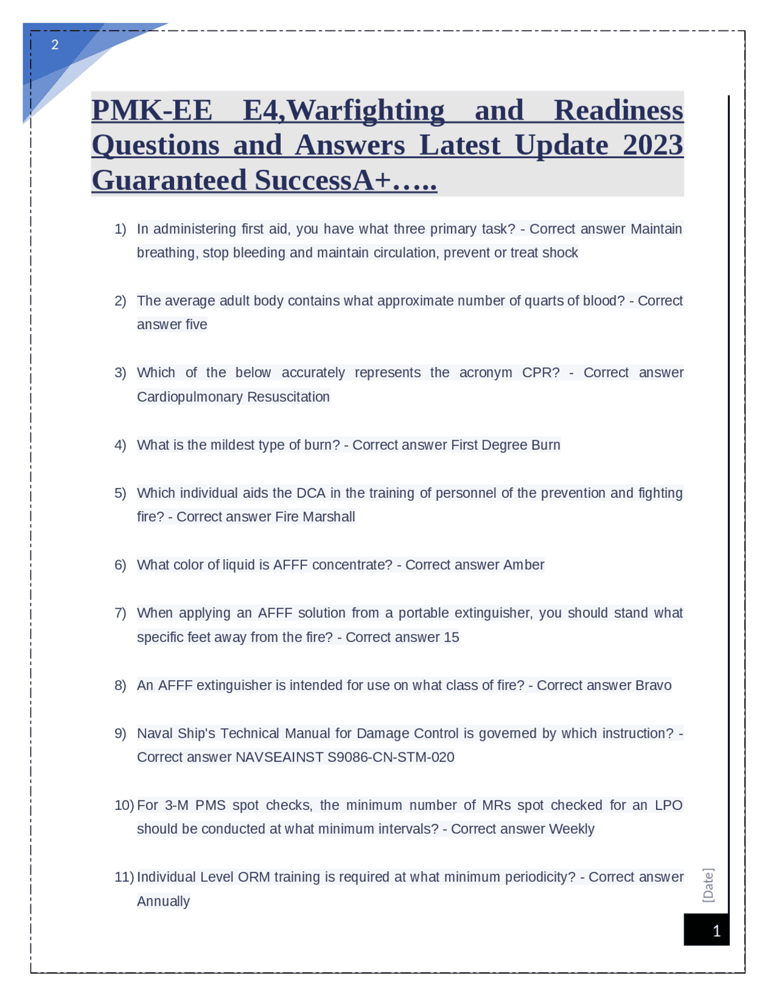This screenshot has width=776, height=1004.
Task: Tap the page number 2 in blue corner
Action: pyautogui.click(x=55, y=45)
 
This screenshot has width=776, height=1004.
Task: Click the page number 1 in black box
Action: pyautogui.click(x=716, y=931)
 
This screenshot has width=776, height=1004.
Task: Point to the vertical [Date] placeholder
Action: pyautogui.click(x=708, y=885)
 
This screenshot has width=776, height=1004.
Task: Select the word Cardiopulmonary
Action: pyautogui.click(x=187, y=397)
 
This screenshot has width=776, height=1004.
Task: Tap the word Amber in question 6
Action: pyautogui.click(x=524, y=565)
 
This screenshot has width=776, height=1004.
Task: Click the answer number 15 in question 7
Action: pyautogui.click(x=451, y=637)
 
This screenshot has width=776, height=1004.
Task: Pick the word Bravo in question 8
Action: pyautogui.click(x=653, y=685)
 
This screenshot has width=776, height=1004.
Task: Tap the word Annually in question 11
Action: pyautogui.click(x=163, y=902)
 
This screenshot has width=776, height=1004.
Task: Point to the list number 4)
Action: pyautogui.click(x=120, y=445)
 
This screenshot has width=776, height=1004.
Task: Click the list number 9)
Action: pyautogui.click(x=120, y=734)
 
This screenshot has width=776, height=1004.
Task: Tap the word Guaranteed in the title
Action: pyautogui.click(x=169, y=181)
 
